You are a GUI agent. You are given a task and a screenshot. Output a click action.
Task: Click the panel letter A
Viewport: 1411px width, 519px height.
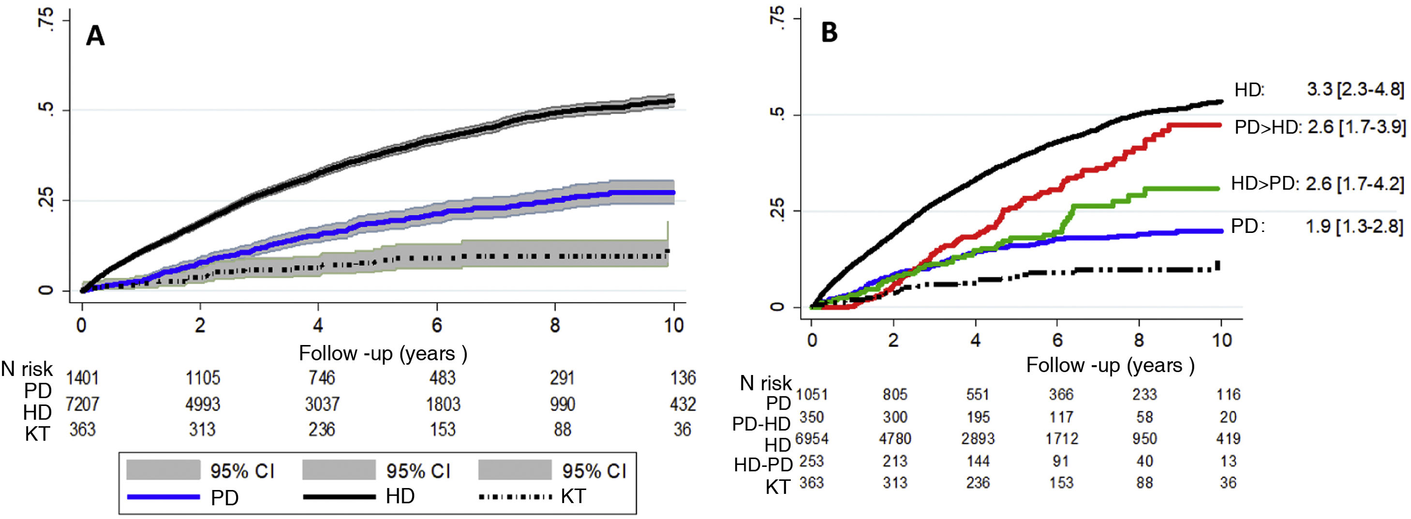[95, 37]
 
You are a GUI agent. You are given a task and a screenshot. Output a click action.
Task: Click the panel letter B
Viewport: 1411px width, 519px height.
[829, 33]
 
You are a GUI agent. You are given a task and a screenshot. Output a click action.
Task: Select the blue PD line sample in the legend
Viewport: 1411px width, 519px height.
[163, 497]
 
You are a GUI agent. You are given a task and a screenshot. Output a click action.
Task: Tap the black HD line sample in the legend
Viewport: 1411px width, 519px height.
[339, 497]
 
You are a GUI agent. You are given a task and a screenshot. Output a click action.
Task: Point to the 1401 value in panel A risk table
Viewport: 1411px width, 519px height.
[82, 378]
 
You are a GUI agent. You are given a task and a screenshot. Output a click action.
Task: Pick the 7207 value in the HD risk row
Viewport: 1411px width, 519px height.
[82, 404]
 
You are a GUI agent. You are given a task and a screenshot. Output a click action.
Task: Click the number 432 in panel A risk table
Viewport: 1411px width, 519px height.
[683, 404]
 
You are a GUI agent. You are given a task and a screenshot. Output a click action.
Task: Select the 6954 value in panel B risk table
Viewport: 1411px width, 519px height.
[812, 438]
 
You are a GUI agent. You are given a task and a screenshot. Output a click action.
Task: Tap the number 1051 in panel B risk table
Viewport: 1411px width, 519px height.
[812, 394]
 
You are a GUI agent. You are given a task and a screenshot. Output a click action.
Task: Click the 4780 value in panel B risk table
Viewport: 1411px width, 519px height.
[895, 438]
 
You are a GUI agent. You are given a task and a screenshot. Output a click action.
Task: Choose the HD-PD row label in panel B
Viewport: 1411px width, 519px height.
[763, 465]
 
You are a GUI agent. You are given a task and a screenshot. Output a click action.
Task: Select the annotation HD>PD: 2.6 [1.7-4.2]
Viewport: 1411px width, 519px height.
[1317, 184]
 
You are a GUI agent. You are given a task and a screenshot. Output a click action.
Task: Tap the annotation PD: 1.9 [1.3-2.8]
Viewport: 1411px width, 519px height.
[1317, 226]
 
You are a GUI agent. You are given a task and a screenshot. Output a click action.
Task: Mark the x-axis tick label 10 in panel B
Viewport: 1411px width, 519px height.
[1221, 340]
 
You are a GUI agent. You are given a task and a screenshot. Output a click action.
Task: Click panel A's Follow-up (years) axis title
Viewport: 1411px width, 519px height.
[383, 354]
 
